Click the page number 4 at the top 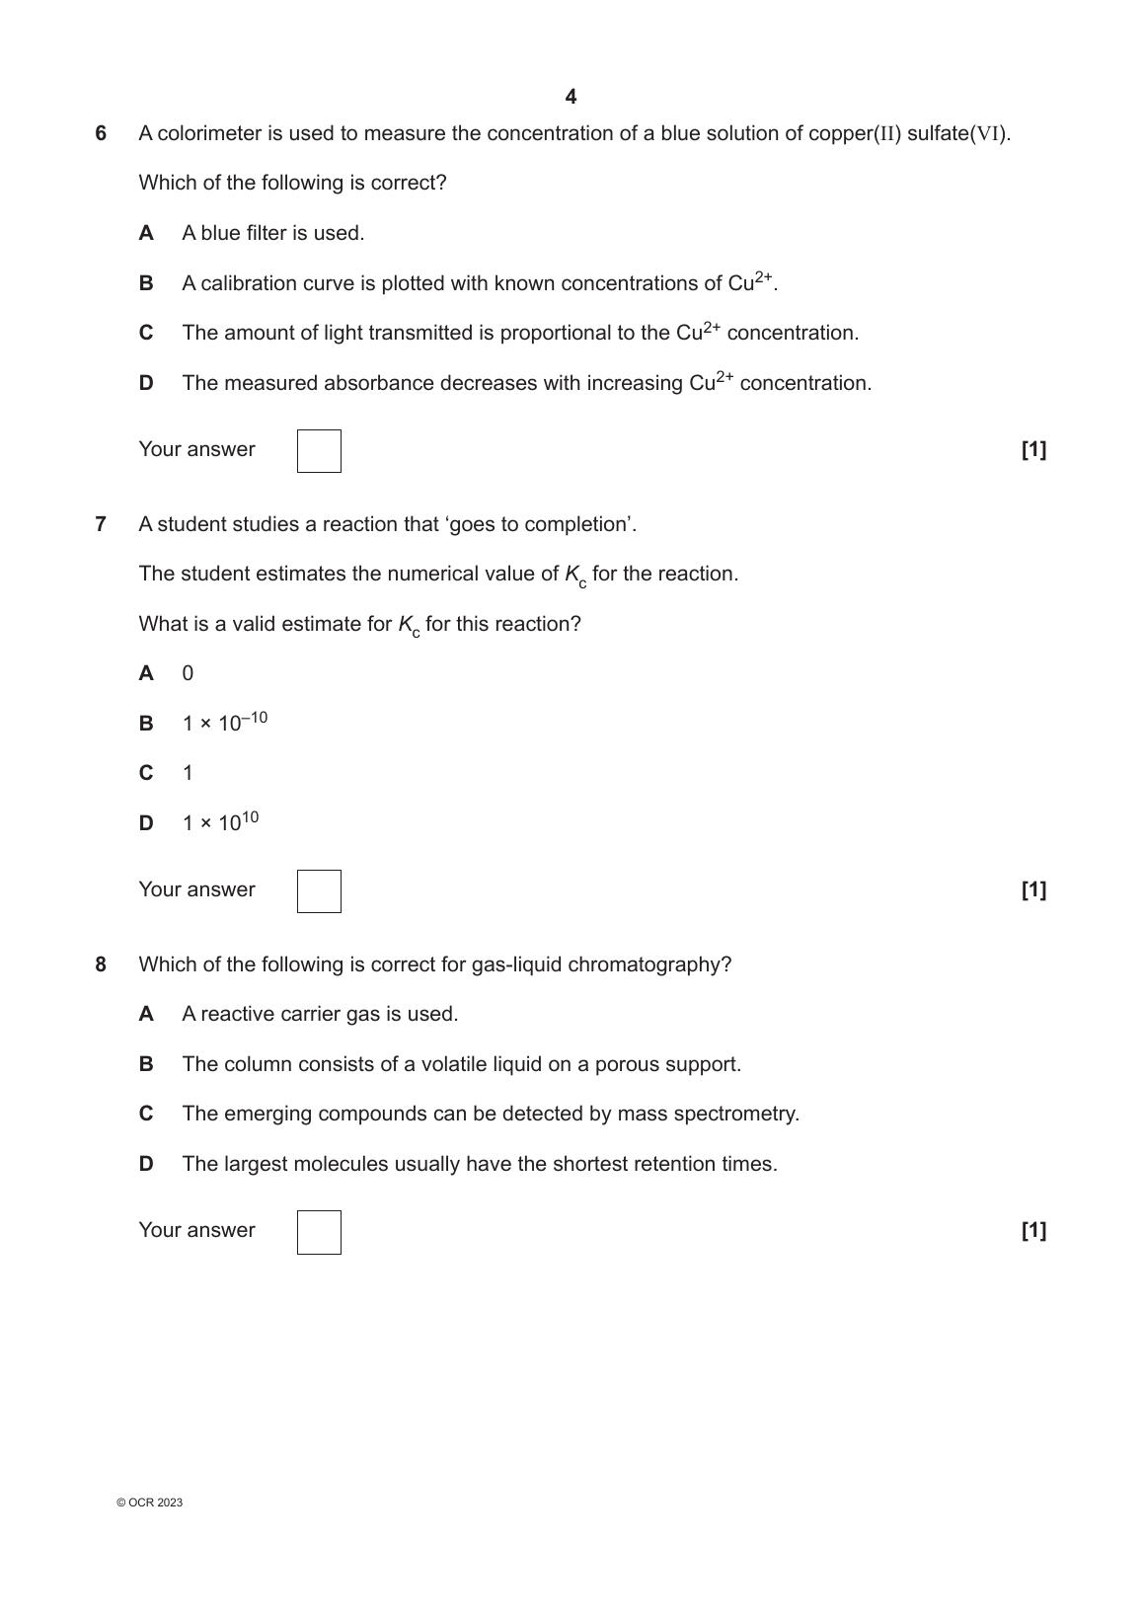571,97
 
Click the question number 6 101,133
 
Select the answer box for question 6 319,451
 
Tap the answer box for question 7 319,891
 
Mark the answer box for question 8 319,1232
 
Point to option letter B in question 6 146,283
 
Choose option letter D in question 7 146,822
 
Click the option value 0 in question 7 188,673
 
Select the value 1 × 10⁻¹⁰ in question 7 224,723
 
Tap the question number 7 101,524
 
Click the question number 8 101,964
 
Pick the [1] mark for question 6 1033,450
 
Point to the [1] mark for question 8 1033,1230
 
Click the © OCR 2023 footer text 149,1502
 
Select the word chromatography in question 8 663,964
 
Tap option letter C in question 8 146,1114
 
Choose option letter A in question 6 146,233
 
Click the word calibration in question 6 248,283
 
